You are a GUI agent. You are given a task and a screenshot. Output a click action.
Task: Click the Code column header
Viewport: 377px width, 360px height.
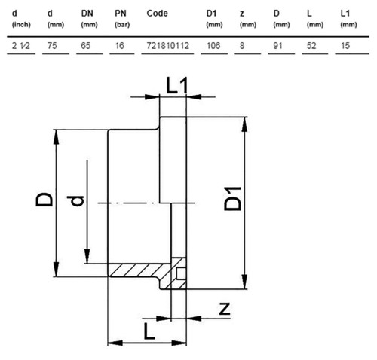tap(157, 14)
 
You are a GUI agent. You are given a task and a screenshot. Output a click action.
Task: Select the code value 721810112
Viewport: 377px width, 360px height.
tap(167, 46)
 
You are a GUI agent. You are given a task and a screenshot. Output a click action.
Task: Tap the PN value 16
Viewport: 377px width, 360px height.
tap(120, 46)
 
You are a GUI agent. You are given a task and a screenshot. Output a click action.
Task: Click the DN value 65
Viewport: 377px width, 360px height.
tap(86, 46)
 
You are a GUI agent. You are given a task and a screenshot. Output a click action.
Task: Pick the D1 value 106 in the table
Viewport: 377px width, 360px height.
tap(213, 46)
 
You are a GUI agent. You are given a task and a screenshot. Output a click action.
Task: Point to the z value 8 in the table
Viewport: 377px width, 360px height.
tap(242, 46)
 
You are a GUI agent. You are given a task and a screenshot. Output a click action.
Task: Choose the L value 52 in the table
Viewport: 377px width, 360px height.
tap(311, 46)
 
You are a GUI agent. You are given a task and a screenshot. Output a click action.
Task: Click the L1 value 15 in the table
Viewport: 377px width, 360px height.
tap(345, 46)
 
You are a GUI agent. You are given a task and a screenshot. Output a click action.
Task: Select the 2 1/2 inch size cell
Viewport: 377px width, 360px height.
tap(21, 46)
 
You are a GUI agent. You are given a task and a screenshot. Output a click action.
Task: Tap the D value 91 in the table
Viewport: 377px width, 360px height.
tap(277, 46)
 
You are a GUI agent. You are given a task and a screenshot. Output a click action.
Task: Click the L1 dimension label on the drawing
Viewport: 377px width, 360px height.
tap(177, 85)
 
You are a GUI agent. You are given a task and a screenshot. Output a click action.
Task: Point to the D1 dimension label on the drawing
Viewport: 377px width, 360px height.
tap(232, 199)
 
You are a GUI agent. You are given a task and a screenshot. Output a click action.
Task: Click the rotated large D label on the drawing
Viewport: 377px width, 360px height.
tap(44, 200)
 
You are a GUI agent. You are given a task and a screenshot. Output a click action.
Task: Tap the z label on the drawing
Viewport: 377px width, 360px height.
tap(225, 309)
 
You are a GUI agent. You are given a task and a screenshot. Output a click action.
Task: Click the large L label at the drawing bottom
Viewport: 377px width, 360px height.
tap(149, 331)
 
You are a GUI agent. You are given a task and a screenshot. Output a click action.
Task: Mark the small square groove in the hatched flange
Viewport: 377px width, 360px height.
tap(182, 273)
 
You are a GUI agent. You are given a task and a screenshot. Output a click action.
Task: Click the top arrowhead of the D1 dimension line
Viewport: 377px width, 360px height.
tap(244, 124)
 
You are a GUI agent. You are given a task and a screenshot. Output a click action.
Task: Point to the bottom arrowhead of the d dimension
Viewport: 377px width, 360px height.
tap(87, 256)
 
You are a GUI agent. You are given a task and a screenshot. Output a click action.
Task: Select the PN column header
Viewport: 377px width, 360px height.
tap(121, 14)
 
